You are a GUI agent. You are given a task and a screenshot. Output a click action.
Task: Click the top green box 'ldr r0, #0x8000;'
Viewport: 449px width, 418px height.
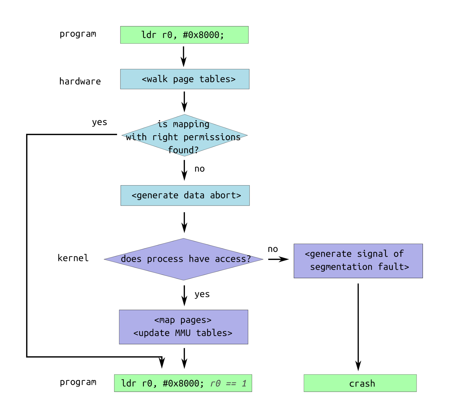tap(184, 35)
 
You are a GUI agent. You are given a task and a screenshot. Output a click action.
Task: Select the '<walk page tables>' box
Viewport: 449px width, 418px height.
tap(185, 79)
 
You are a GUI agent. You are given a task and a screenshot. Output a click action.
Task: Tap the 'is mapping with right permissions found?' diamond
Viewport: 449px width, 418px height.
tap(184, 135)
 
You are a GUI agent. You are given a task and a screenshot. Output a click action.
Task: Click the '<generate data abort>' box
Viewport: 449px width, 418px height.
tap(185, 195)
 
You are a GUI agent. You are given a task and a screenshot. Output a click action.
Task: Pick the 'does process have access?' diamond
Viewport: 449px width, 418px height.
tap(184, 259)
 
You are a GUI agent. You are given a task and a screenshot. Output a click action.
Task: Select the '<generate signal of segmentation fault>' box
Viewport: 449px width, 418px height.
tap(358, 261)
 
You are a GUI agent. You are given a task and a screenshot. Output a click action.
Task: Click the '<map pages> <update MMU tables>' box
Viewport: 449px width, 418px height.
tap(184, 327)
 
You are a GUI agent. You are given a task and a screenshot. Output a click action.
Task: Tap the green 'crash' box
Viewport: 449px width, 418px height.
tap(360, 383)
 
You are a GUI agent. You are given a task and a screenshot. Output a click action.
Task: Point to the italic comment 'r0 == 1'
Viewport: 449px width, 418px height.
tap(228, 383)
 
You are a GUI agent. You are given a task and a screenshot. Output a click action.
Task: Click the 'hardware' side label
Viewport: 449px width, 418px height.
tap(80, 81)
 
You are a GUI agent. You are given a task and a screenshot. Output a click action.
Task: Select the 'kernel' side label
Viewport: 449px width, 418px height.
tap(73, 258)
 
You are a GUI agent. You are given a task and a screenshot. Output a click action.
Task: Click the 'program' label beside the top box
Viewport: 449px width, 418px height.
tap(78, 34)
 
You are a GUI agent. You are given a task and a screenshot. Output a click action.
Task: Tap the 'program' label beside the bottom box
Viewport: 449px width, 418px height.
tap(78, 382)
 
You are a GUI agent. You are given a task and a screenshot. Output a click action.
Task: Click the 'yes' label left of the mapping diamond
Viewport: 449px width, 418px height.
tap(100, 122)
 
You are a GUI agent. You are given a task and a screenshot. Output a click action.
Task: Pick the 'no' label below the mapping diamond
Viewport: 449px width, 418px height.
tap(200, 169)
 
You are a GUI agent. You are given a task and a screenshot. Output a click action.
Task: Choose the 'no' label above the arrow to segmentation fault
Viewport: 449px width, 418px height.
tap(273, 249)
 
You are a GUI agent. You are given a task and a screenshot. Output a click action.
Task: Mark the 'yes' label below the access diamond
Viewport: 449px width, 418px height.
tap(202, 294)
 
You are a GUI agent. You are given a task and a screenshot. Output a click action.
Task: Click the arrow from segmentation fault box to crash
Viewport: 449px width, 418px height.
tap(358, 327)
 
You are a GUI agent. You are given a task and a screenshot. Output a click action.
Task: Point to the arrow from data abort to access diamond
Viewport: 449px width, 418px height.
tap(184, 222)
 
